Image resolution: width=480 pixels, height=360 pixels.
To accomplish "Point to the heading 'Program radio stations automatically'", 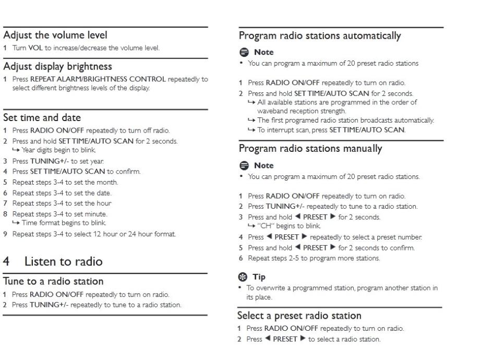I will [x=320, y=37].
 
